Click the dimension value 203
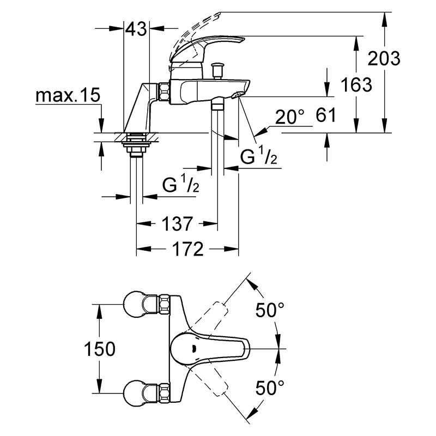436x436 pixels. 384,59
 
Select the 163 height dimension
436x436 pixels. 356,84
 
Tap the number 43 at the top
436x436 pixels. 136,28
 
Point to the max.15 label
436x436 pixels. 68,95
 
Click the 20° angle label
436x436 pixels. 289,117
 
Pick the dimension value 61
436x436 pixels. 326,115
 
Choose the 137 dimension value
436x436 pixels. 177,223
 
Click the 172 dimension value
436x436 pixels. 188,249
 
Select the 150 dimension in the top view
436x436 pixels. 100,349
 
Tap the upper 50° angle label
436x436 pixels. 270,310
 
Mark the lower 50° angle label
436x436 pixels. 270,388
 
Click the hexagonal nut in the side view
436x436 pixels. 164,91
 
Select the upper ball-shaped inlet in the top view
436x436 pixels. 133,304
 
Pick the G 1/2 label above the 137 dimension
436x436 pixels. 181,184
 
